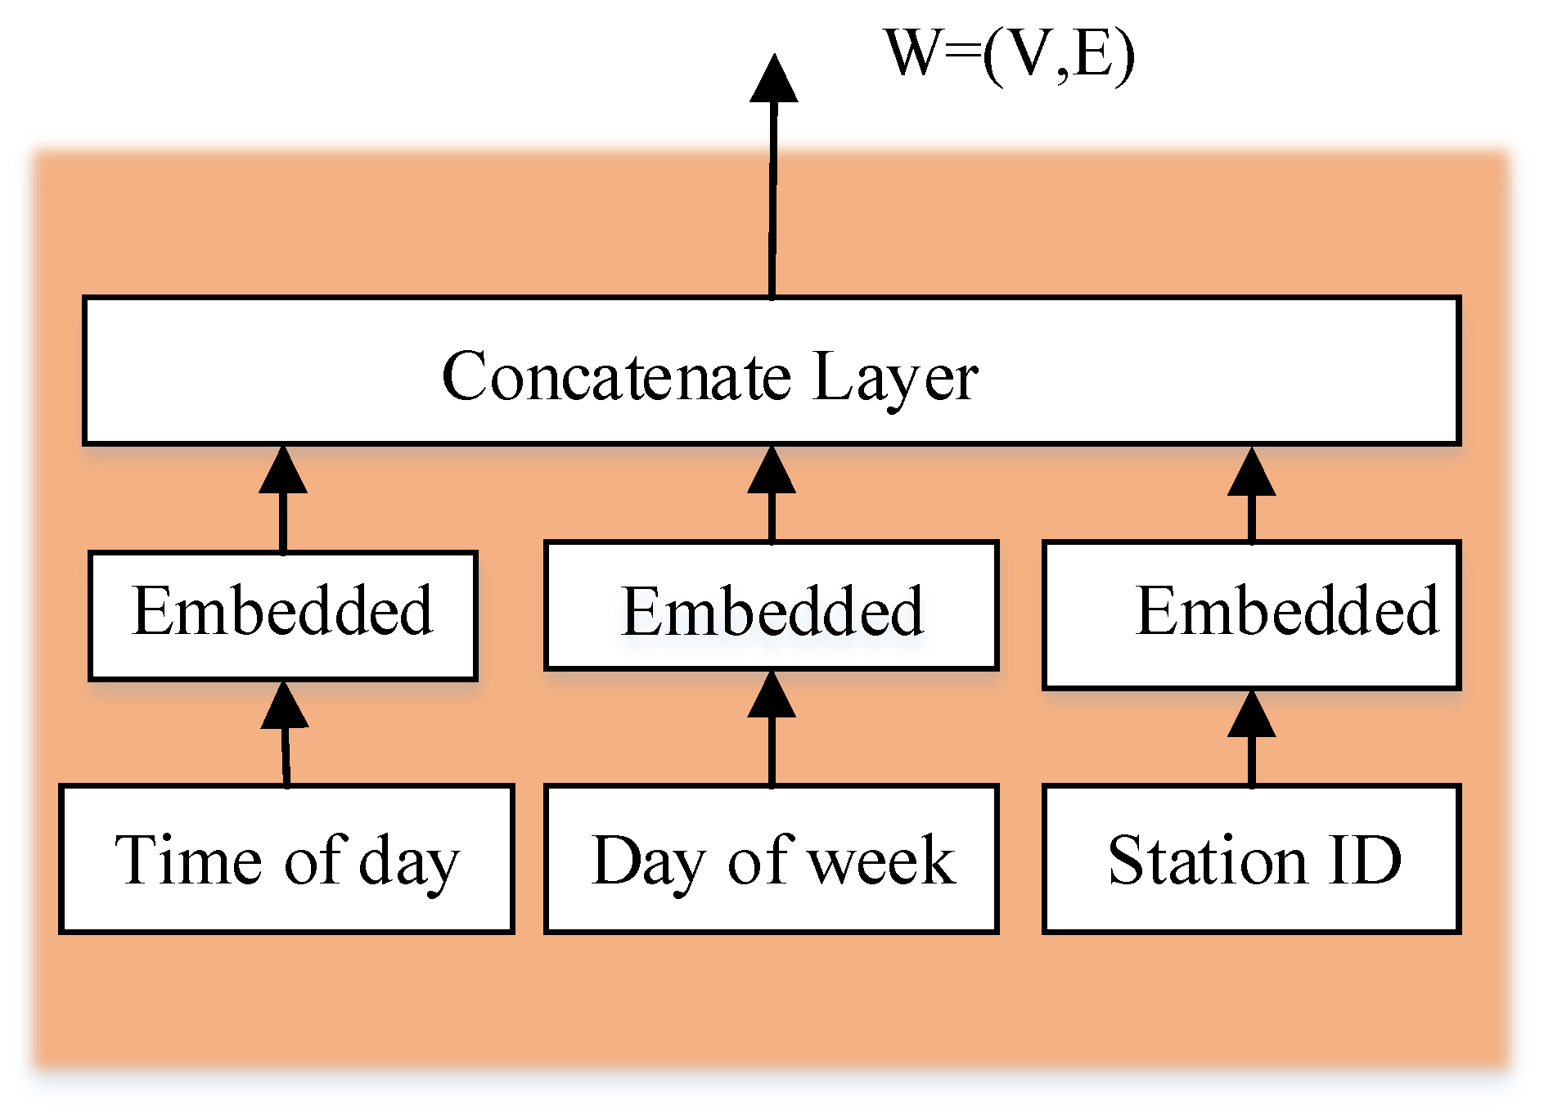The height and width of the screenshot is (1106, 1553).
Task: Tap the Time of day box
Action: coord(286,859)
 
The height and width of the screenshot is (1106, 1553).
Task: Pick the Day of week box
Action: coord(772,859)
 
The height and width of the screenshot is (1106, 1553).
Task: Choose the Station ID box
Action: coord(1252,859)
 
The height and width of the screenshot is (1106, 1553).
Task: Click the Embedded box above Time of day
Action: coord(283,615)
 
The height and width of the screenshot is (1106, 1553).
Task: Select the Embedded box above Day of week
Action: coord(772,605)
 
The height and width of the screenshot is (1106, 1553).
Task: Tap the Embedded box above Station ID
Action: coord(1252,614)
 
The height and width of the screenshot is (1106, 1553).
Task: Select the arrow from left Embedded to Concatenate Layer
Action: coord(283,499)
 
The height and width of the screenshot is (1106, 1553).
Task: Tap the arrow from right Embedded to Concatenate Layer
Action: coord(1252,494)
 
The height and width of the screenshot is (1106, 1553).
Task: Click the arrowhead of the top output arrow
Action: coord(774,79)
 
